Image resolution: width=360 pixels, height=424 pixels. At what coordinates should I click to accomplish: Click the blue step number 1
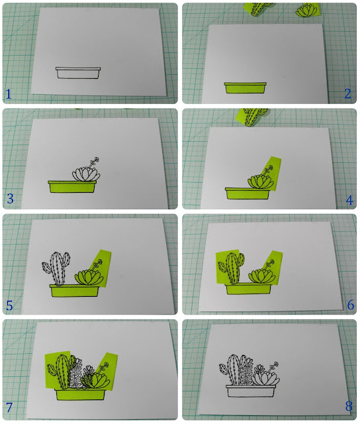coord(9,94)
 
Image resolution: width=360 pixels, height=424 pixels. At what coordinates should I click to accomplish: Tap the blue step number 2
coord(348,93)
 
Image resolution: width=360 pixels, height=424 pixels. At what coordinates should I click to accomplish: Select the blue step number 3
coord(10,199)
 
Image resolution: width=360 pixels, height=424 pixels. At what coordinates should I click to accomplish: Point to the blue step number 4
coord(349,200)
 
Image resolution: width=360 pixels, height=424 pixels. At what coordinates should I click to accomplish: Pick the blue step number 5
coord(9,305)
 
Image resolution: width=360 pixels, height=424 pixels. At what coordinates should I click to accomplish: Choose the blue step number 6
coord(351,305)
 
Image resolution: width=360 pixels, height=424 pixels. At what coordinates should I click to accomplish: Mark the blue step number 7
coord(9,407)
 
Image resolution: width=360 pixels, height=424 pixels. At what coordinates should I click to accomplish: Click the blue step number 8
coord(349,406)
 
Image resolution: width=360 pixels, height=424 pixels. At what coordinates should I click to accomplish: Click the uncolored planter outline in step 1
coord(78,73)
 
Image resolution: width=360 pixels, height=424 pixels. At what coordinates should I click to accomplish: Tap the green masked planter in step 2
coord(246,88)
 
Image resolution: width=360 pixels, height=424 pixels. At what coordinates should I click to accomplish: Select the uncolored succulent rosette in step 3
coord(86,174)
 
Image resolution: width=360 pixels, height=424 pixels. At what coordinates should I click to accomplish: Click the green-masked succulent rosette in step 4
coord(260,181)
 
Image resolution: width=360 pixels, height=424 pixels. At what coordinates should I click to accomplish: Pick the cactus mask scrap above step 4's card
coord(251,117)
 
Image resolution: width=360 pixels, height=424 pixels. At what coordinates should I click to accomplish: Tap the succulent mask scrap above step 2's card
coord(307,10)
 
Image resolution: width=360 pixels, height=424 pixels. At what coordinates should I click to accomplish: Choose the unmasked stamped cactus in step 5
coord(56,268)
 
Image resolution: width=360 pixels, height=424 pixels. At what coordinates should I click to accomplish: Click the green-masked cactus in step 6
coord(232,268)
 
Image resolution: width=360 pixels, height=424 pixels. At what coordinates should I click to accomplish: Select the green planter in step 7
coord(80,395)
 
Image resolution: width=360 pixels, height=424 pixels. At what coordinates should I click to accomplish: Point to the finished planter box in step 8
coord(251,391)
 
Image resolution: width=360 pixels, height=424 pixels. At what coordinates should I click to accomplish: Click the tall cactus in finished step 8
coord(234,370)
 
